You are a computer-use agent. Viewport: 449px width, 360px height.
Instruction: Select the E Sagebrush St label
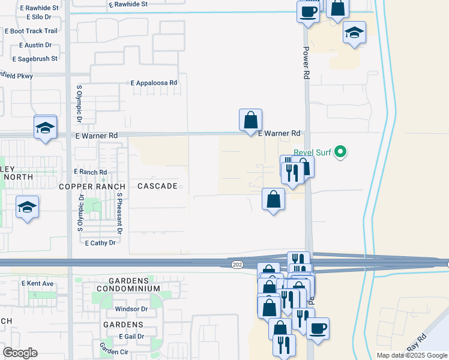35,59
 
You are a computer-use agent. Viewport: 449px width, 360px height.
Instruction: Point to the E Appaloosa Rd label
154,83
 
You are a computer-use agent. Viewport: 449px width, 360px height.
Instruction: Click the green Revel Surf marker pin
340,152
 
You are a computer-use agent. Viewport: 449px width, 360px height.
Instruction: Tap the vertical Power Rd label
306,63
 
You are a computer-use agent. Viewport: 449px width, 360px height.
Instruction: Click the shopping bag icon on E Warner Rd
250,119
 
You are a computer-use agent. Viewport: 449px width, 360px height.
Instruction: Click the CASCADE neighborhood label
157,187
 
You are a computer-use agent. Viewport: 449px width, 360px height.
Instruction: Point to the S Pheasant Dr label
119,213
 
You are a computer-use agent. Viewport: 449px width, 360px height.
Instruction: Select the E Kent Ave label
37,283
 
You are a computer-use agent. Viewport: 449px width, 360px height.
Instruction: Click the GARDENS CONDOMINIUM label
134,284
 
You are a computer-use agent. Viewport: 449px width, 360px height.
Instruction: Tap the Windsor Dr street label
131,310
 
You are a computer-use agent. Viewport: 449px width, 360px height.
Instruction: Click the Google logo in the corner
20,353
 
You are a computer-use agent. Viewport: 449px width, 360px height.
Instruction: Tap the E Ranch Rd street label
90,172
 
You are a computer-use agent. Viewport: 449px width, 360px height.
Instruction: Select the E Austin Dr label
39,45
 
